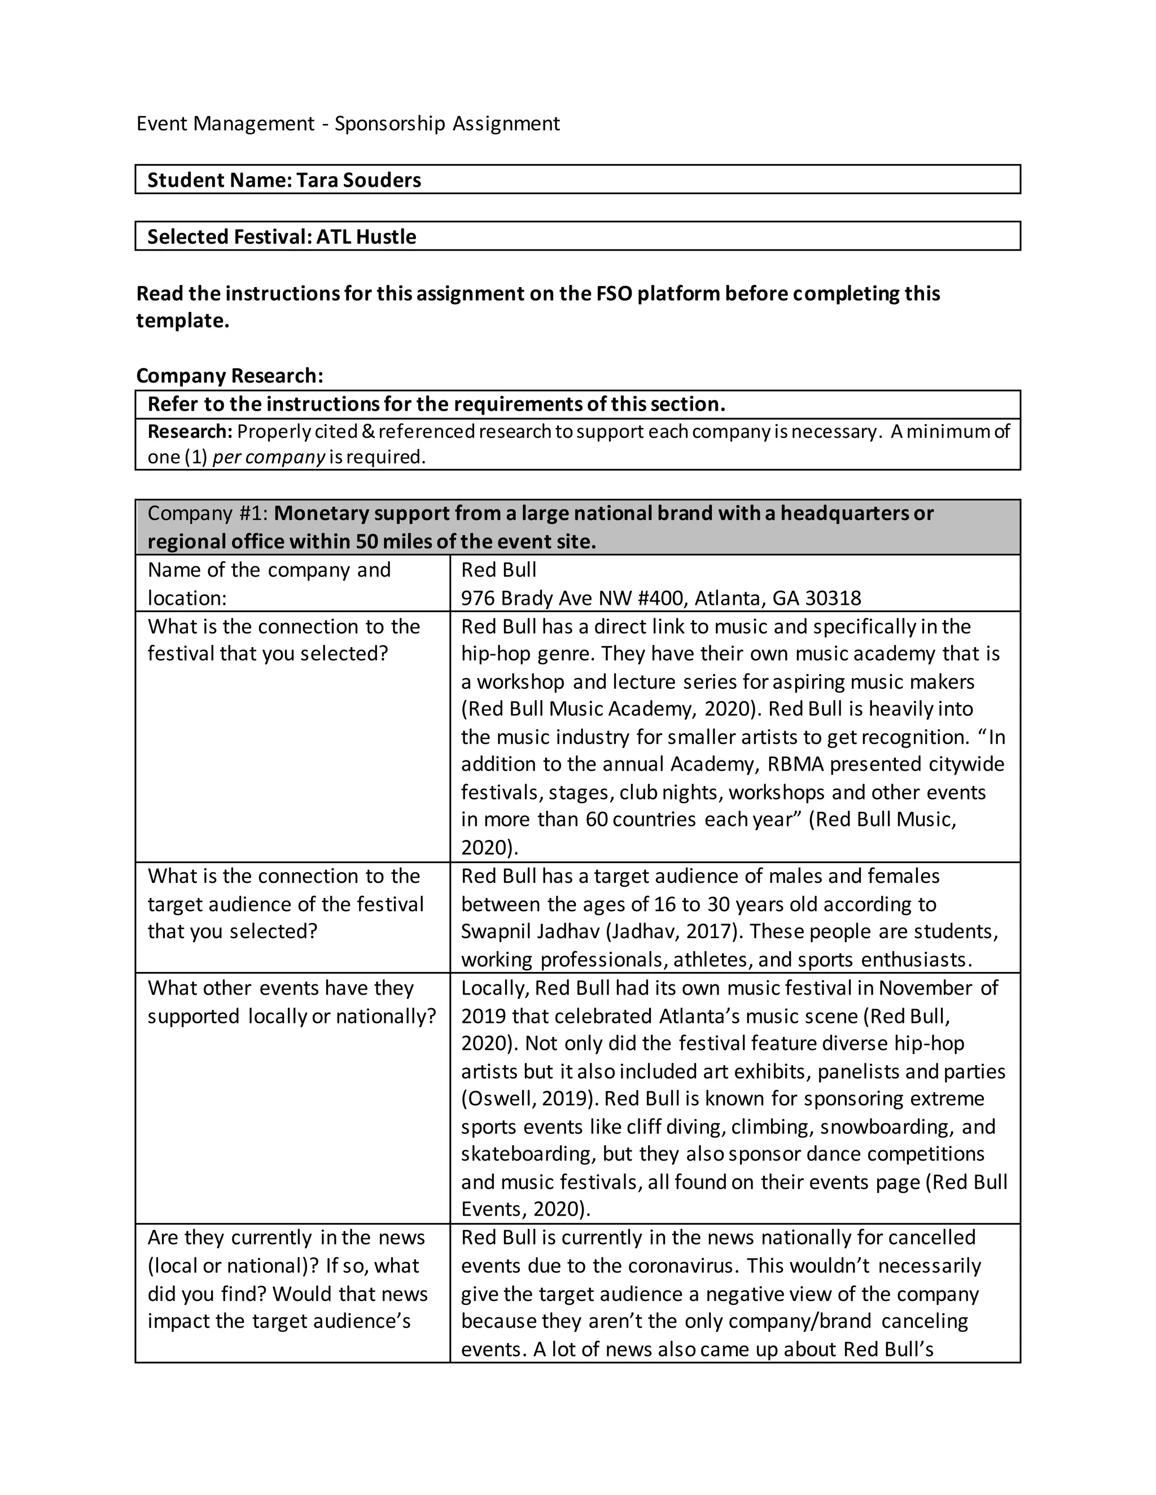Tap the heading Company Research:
pyautogui.click(x=229, y=376)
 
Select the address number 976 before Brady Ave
pyautogui.click(x=478, y=598)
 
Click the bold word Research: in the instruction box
pyautogui.click(x=190, y=432)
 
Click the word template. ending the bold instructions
pyautogui.click(x=182, y=321)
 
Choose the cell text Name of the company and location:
pyautogui.click(x=269, y=583)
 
